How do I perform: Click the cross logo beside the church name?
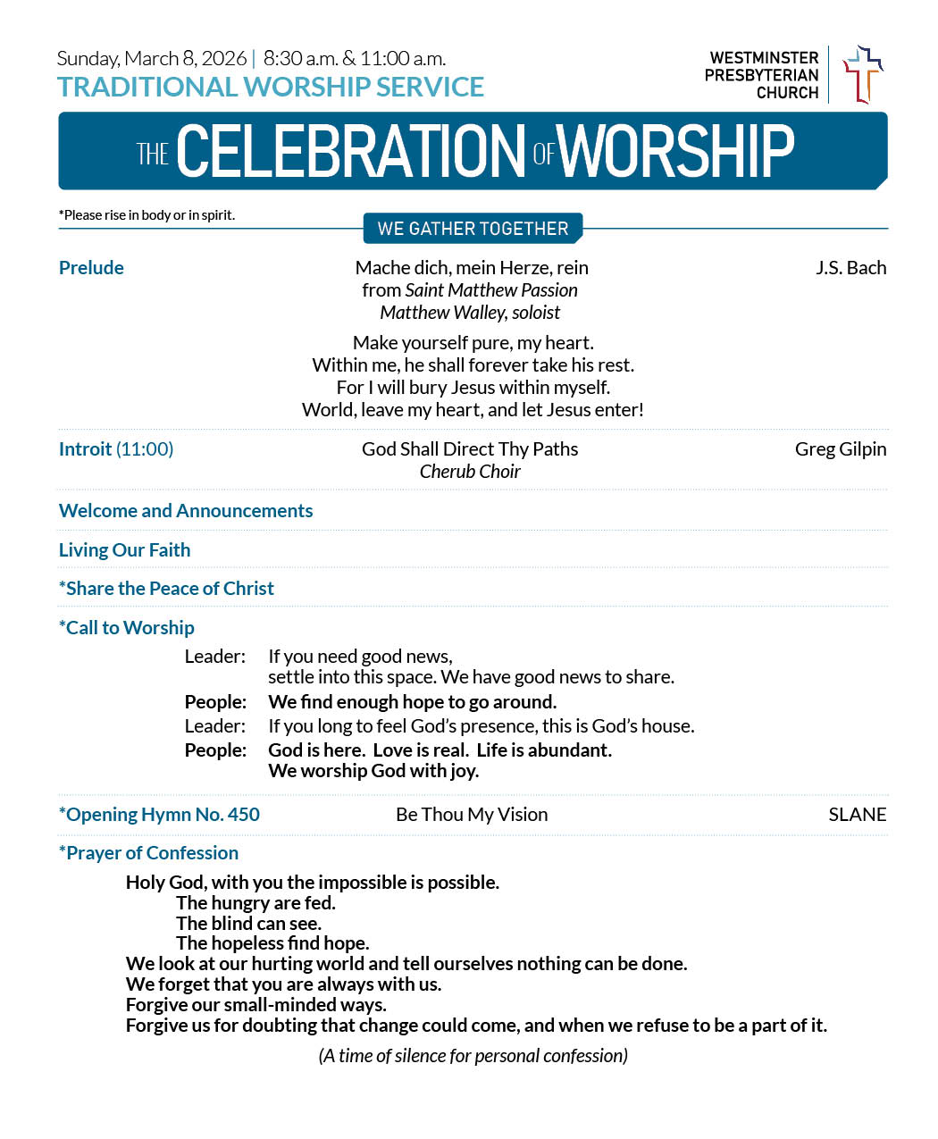point(862,75)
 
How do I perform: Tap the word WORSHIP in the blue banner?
point(676,151)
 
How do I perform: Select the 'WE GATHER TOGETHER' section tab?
point(473,229)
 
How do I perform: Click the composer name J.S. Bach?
point(850,268)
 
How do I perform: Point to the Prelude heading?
point(91,268)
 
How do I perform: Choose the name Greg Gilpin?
point(840,449)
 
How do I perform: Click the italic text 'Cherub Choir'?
point(470,472)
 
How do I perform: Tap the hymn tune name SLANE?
point(857,815)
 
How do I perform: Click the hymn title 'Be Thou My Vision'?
point(472,815)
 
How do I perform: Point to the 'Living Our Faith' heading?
point(124,550)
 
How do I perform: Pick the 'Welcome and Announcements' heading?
point(186,511)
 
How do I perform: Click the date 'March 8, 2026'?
point(186,59)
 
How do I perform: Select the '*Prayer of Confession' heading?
point(148,853)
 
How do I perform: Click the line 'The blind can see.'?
point(248,924)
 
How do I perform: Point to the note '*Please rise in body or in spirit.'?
point(147,215)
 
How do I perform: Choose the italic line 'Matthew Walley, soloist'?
point(470,313)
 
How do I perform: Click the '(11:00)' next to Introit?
point(145,449)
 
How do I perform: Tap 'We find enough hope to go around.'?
point(412,702)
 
